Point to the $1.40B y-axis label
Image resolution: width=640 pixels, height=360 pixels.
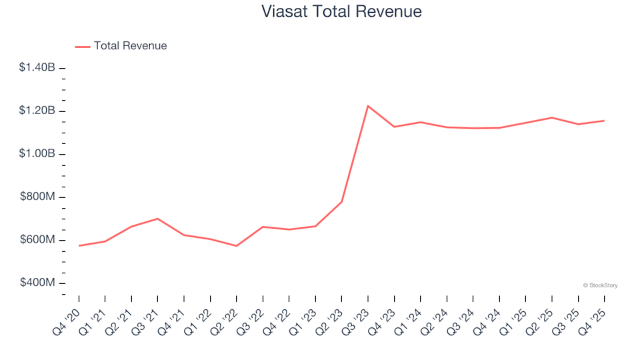coord(37,67)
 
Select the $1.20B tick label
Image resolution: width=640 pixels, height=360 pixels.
coord(37,111)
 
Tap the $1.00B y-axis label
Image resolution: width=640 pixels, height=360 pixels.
coord(37,154)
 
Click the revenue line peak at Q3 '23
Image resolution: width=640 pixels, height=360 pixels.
coord(368,106)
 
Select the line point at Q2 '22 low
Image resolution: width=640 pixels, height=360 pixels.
coord(237,246)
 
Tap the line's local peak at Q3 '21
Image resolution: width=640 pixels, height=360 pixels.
coord(157,219)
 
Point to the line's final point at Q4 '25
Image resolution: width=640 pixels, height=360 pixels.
coord(604,121)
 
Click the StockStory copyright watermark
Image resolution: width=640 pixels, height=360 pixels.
coord(600,285)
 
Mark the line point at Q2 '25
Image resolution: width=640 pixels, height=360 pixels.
coord(552,117)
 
